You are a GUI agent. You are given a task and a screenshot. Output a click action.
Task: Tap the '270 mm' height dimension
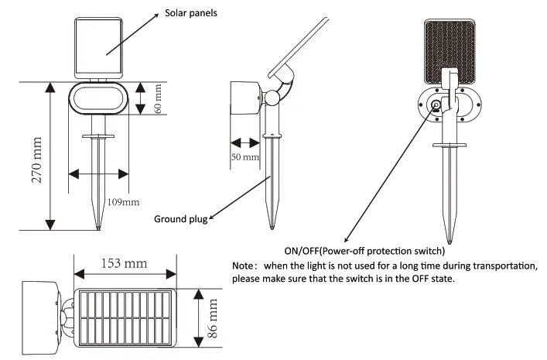click(x=35, y=156)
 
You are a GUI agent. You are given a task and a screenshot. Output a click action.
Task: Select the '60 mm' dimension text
click(x=159, y=98)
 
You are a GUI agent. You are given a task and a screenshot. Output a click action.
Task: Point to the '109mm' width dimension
click(x=123, y=202)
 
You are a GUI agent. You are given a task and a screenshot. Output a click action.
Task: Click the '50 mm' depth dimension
click(x=246, y=158)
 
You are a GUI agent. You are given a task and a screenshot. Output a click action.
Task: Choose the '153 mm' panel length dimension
click(x=124, y=263)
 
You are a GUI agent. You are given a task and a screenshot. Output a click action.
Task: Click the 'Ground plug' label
click(x=180, y=219)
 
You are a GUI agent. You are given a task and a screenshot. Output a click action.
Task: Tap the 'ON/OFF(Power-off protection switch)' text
click(x=364, y=251)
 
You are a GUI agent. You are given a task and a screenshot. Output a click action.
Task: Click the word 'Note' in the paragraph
click(x=245, y=266)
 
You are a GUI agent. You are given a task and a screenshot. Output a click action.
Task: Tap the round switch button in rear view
click(x=436, y=105)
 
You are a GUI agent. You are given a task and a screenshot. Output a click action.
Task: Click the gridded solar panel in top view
click(x=125, y=319)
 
